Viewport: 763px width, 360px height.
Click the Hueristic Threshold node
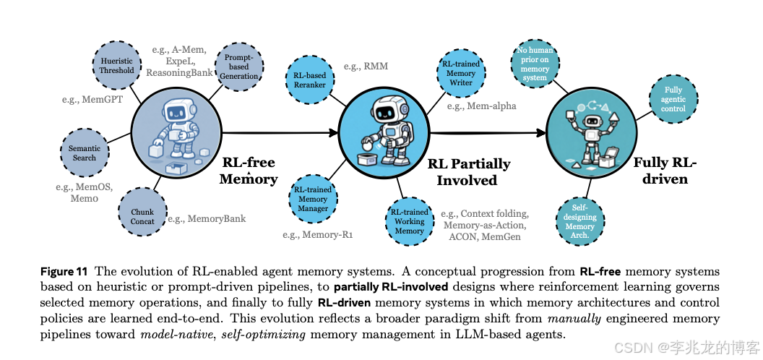coord(116,66)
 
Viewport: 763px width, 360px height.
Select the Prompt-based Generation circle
coord(238,66)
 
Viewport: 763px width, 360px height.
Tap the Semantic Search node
coord(85,153)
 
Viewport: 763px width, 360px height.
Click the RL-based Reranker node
coord(309,80)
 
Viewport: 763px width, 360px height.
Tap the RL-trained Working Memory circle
coord(409,221)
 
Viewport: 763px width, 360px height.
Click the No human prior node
coord(534,64)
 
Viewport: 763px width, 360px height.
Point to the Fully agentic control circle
coord(673,100)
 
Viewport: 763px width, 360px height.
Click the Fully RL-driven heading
coord(665,170)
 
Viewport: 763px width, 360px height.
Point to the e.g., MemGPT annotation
coord(92,99)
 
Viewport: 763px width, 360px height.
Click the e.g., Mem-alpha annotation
coord(481,106)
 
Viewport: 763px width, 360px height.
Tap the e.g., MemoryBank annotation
coord(207,218)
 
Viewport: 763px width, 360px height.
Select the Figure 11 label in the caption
coord(64,272)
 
